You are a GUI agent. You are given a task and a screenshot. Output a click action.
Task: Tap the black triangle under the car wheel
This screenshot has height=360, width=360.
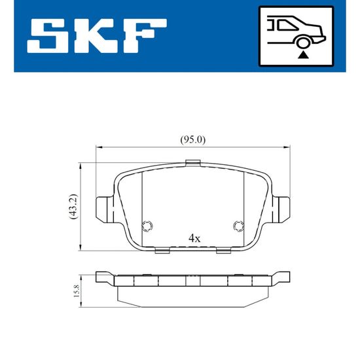coord(303,56)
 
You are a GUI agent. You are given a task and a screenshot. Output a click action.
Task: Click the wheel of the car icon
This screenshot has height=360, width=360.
coord(303,42)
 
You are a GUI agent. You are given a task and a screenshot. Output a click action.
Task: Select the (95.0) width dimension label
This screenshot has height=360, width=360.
coord(193,139)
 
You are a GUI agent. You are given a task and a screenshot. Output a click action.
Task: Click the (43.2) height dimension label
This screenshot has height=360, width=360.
coord(74,206)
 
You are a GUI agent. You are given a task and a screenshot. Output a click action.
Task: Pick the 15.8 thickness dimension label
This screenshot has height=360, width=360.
coord(76,291)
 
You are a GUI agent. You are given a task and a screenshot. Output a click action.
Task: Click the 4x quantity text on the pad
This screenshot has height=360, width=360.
coord(194,238)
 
